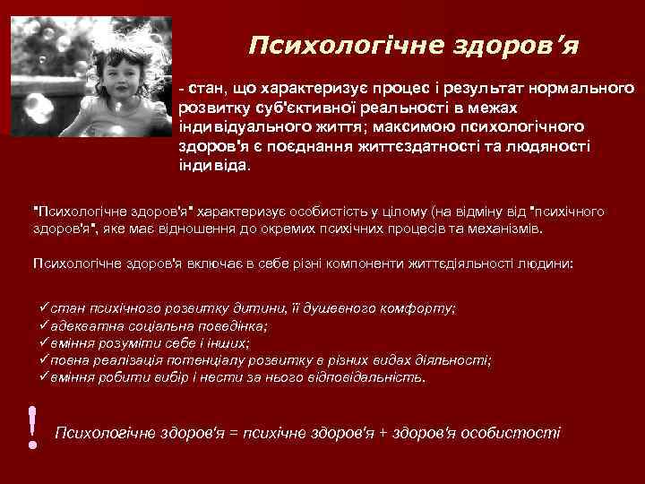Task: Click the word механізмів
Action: point(503,229)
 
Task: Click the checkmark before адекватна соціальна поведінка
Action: point(45,325)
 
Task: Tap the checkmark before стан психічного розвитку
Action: point(45,307)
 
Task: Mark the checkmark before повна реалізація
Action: point(45,360)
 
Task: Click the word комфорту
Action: point(420,308)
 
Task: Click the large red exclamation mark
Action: point(33,427)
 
